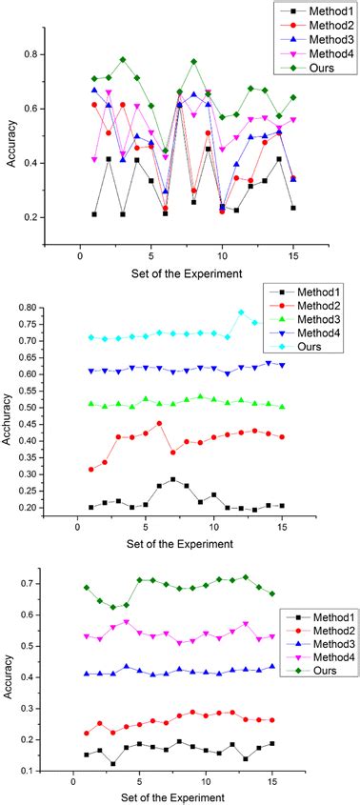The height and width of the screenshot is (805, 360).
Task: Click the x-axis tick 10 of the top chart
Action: point(222,257)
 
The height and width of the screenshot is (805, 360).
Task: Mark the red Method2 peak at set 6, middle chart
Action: point(159,423)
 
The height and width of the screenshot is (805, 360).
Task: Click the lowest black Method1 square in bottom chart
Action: point(112,764)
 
